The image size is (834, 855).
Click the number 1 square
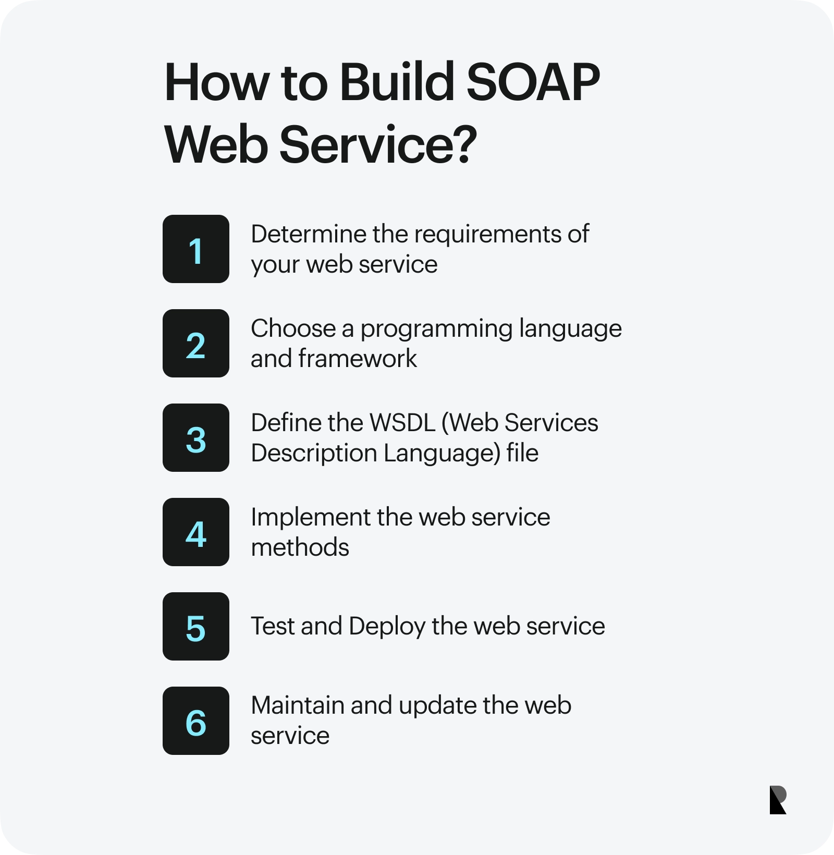tap(196, 249)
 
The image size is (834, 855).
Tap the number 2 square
tap(196, 344)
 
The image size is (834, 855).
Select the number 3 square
tap(196, 438)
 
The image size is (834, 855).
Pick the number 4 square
tap(196, 532)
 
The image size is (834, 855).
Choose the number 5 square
tap(196, 627)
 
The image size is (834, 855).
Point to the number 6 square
tap(196, 721)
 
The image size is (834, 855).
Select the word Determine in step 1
tap(309, 234)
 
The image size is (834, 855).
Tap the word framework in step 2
tap(358, 359)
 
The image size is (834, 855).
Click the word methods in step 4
tap(300, 547)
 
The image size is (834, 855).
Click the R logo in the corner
tap(778, 800)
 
